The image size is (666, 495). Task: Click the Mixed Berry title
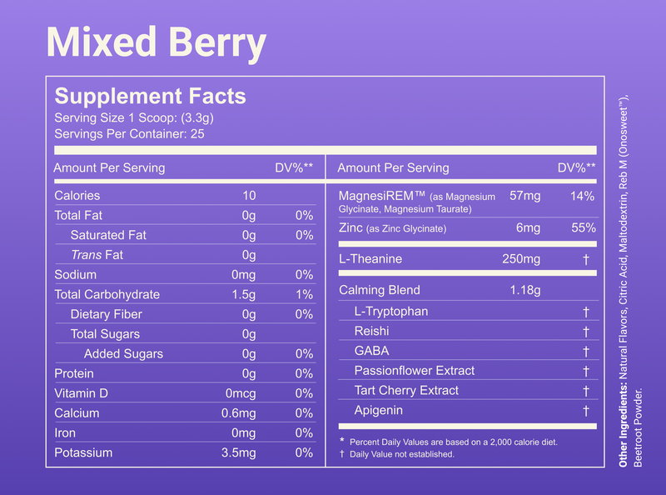(x=156, y=42)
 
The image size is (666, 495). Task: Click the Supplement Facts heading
(x=150, y=96)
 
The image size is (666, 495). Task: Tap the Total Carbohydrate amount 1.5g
(x=244, y=294)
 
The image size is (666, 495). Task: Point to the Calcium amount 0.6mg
(x=239, y=413)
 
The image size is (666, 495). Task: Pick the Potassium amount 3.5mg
(x=239, y=453)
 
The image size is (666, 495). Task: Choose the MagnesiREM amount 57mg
(x=525, y=197)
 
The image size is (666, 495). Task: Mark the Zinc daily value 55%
(x=584, y=228)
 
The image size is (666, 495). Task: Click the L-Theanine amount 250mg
(x=521, y=259)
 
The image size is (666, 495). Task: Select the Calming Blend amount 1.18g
(x=524, y=291)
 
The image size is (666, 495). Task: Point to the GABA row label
(x=371, y=351)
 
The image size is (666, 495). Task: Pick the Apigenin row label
(x=378, y=411)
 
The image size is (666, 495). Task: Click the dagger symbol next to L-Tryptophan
(x=586, y=312)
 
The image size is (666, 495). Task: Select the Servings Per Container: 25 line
(x=129, y=133)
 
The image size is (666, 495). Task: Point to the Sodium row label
(x=75, y=275)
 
